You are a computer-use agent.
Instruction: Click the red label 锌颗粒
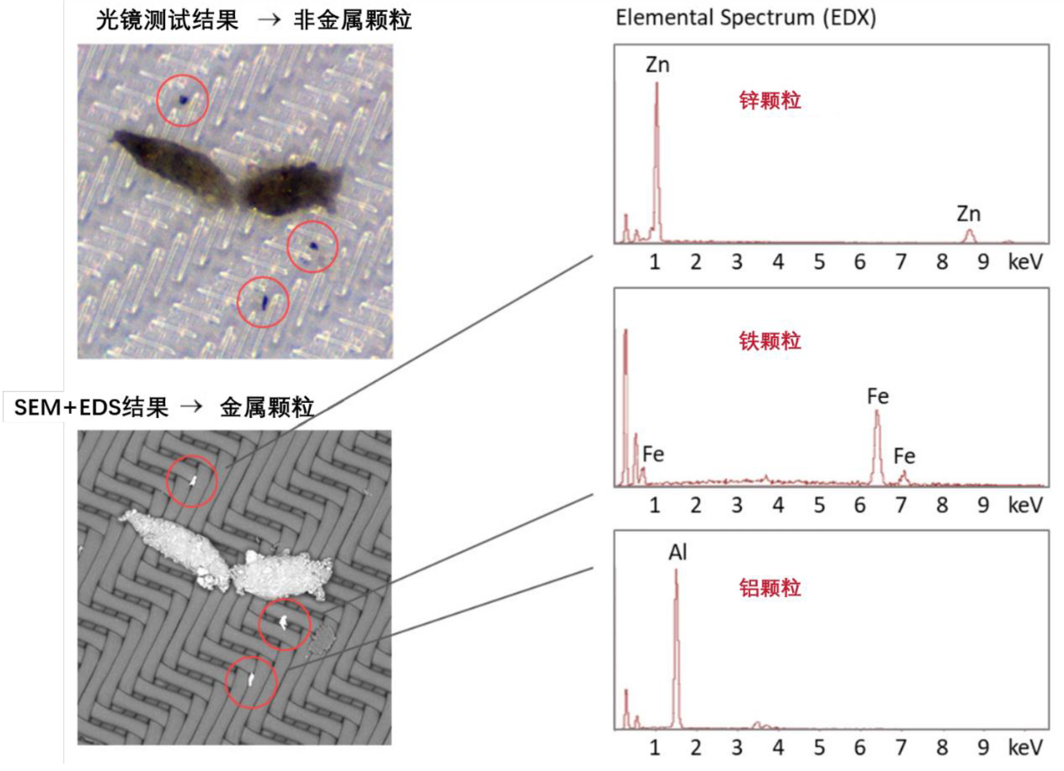pyautogui.click(x=770, y=100)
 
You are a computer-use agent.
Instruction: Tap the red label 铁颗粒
pyautogui.click(x=770, y=341)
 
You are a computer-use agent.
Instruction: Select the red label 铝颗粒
pyautogui.click(x=770, y=587)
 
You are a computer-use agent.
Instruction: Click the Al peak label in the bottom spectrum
pyautogui.click(x=678, y=552)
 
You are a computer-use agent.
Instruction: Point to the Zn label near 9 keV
pyautogui.click(x=969, y=214)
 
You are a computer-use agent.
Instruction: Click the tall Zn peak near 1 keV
pyautogui.click(x=657, y=160)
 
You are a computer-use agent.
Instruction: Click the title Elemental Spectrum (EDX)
pyautogui.click(x=746, y=18)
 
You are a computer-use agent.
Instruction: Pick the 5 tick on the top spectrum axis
pyautogui.click(x=819, y=262)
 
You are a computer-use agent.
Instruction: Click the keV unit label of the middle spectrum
pyautogui.click(x=1025, y=505)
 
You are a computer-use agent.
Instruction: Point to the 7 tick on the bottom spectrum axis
pyautogui.click(x=901, y=747)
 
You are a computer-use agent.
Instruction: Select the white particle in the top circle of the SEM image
pyautogui.click(x=192, y=480)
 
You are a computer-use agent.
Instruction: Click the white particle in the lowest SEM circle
pyautogui.click(x=251, y=679)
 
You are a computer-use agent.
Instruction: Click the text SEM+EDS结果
pyautogui.click(x=91, y=407)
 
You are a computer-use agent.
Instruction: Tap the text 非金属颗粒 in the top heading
pyautogui.click(x=353, y=21)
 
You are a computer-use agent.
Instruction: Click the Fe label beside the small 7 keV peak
pyautogui.click(x=904, y=456)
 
